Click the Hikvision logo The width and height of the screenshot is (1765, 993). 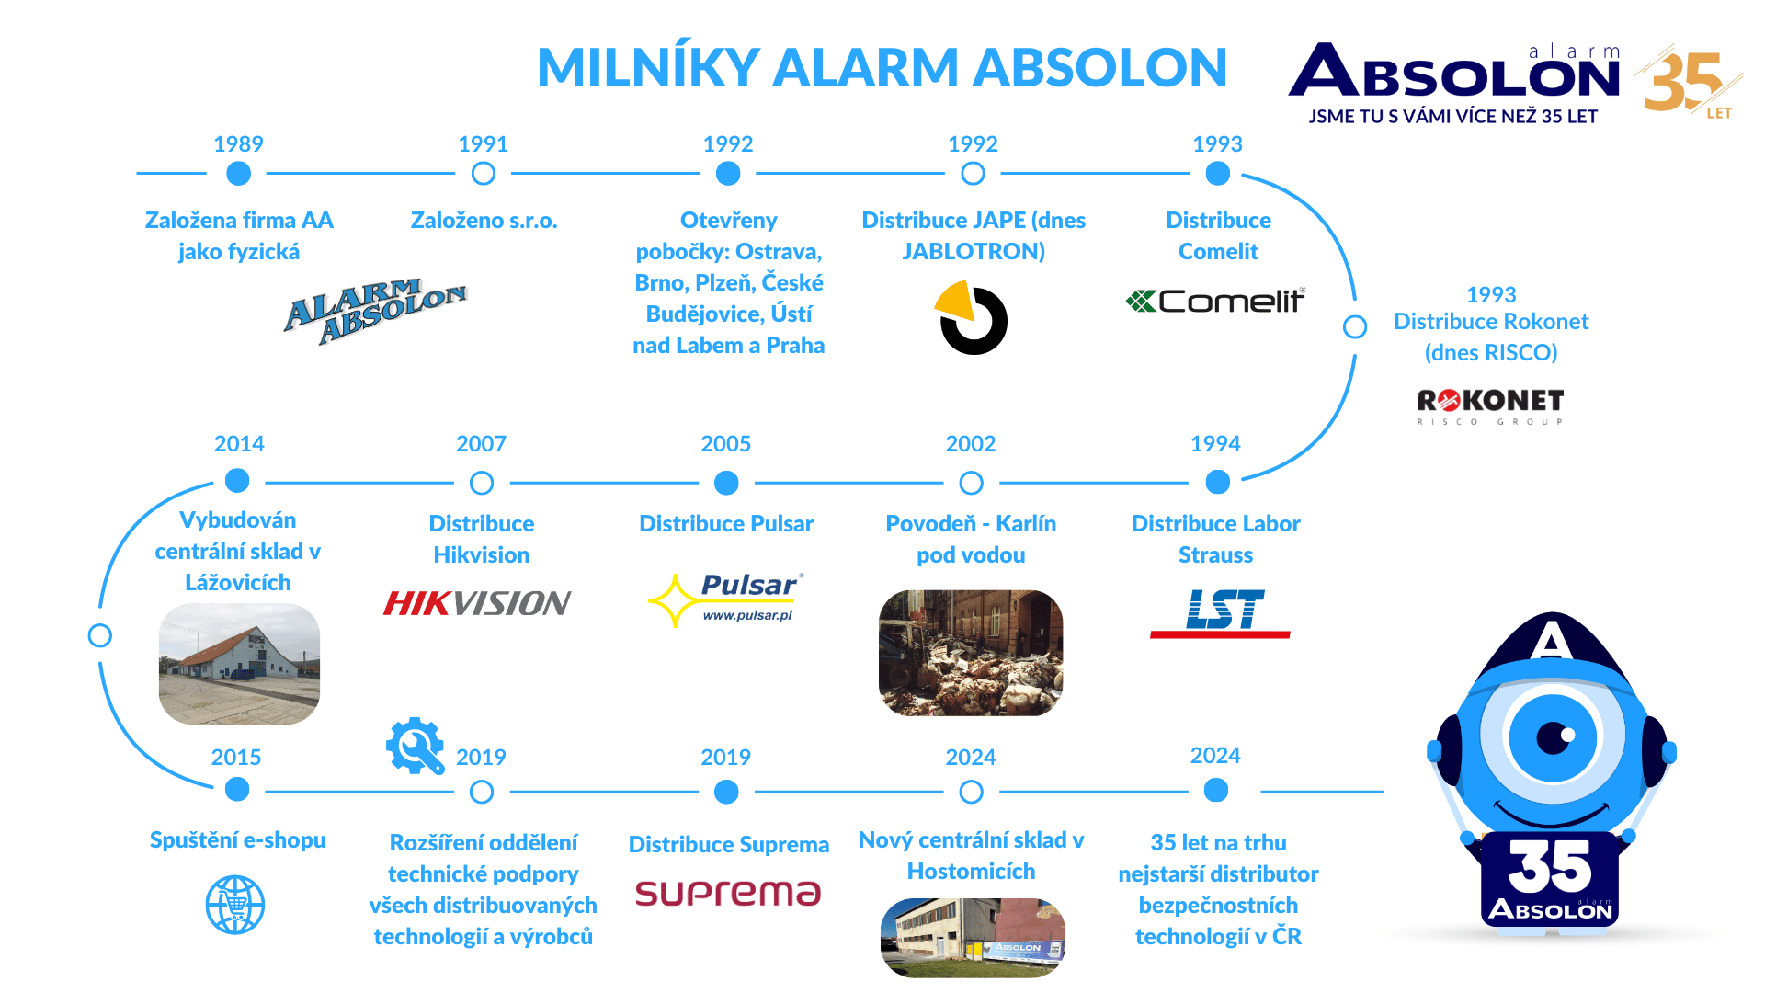[477, 603]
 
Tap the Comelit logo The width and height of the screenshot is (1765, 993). [1215, 301]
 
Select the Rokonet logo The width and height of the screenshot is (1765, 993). [1490, 405]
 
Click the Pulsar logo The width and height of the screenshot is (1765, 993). [726, 599]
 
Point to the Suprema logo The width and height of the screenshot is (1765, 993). [728, 893]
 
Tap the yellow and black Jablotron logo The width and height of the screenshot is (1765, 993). [972, 318]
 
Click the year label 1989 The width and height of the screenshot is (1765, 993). [238, 144]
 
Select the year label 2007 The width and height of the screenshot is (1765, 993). [481, 444]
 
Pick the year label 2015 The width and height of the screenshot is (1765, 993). [236, 758]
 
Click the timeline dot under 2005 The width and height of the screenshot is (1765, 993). [726, 483]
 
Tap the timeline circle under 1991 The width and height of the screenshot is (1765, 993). [484, 174]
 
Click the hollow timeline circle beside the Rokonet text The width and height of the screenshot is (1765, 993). [1355, 326]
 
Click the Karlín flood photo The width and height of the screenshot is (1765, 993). [971, 653]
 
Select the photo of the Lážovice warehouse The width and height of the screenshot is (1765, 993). [239, 664]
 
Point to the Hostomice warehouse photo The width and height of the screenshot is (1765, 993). [973, 937]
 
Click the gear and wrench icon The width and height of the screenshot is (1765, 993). [415, 746]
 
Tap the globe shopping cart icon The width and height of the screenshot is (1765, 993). [235, 905]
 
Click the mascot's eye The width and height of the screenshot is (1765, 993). [1554, 737]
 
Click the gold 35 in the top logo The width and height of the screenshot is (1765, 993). [1682, 81]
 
